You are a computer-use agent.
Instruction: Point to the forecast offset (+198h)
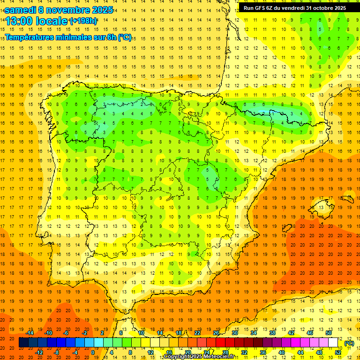(83, 21)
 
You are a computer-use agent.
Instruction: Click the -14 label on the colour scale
(30, 333)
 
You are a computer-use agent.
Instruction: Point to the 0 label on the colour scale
(93, 352)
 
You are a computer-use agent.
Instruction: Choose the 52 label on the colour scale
(338, 352)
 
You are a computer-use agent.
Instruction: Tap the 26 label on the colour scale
(216, 333)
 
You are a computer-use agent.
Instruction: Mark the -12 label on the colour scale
(39, 352)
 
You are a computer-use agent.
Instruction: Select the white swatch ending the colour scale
(333, 343)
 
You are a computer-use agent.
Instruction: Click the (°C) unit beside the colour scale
(349, 343)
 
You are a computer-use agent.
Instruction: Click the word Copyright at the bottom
(177, 357)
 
